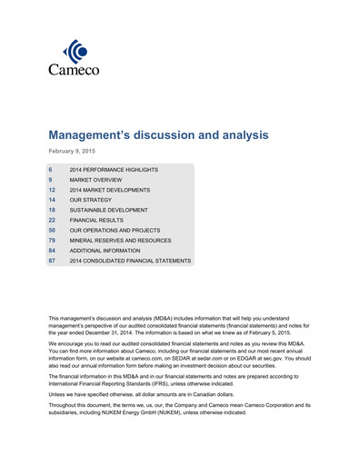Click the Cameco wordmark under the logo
75,70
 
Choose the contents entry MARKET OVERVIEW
97,182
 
